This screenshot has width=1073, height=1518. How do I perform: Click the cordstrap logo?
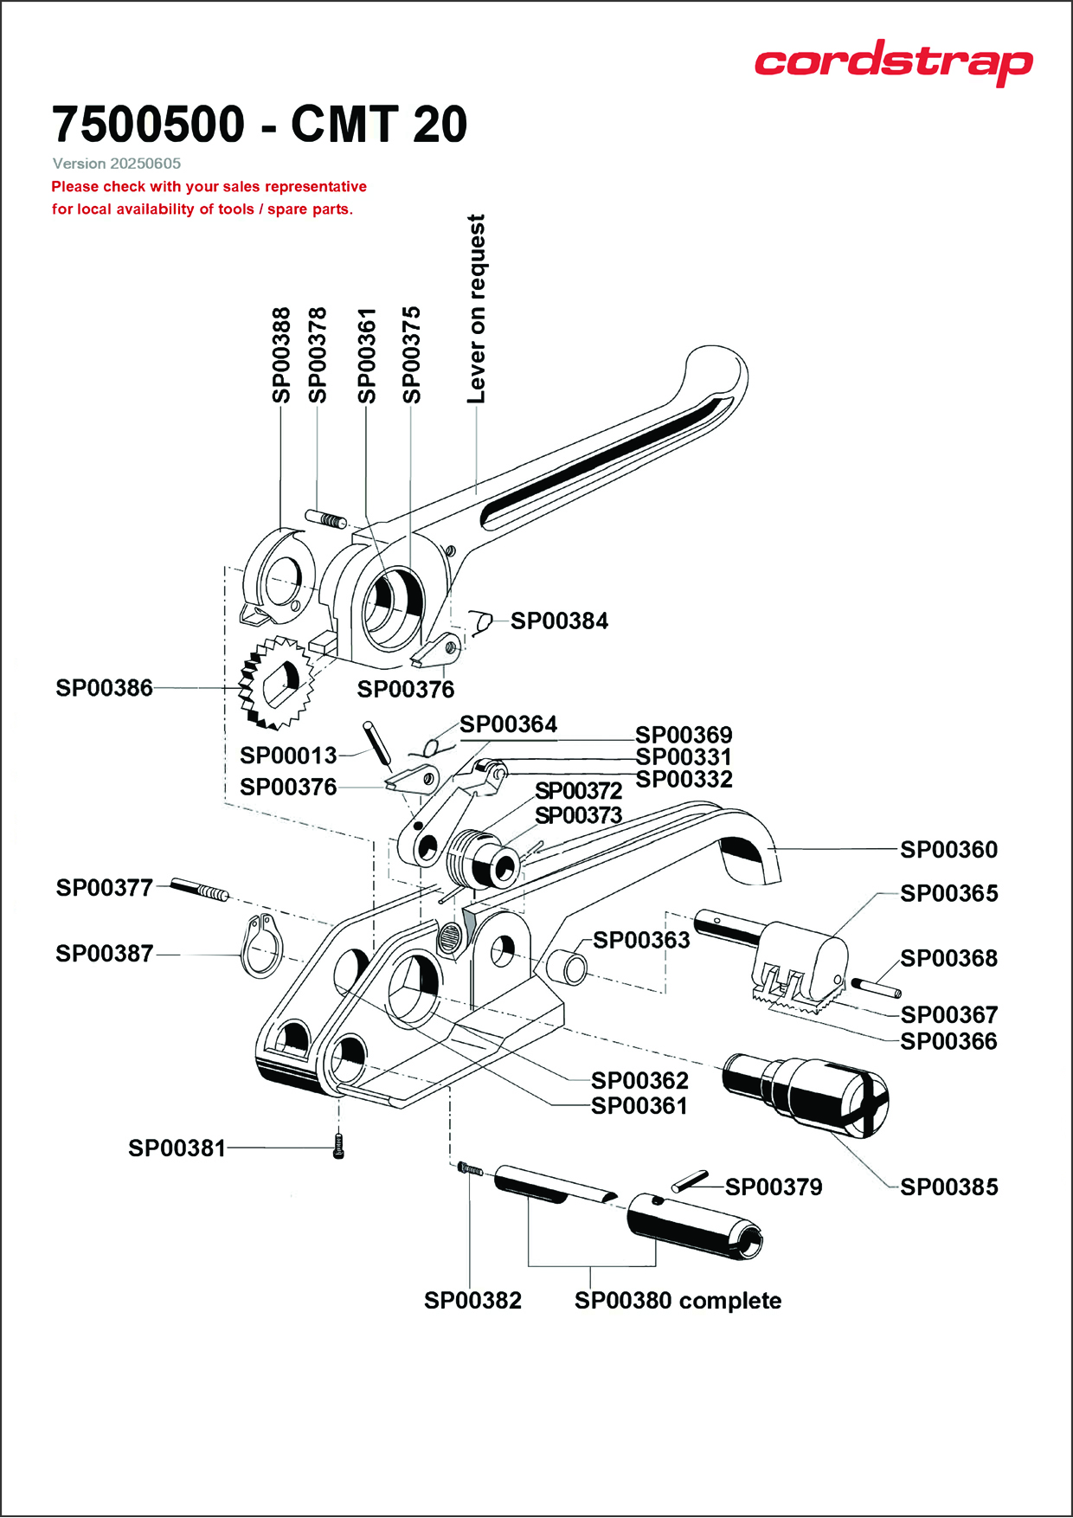coord(893,62)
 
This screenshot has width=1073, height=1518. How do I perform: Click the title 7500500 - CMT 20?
coord(260,124)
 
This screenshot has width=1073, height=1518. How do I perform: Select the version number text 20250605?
coord(145,164)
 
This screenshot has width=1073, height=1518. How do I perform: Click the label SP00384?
coord(559,621)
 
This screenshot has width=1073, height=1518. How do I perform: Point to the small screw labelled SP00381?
coord(338,1148)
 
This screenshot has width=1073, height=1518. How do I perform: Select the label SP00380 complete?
coord(678,1301)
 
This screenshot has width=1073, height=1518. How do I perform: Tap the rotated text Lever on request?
coord(476,309)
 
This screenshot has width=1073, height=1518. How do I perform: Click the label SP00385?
coord(948,1187)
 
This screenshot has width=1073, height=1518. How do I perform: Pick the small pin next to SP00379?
coord(690,1182)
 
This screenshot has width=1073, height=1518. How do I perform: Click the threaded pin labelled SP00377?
coord(199,889)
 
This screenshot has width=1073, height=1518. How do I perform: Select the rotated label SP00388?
coord(281,355)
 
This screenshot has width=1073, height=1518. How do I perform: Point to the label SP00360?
coord(948,850)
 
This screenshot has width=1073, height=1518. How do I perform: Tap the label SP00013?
coord(288,756)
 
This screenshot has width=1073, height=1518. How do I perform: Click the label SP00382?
coord(472,1301)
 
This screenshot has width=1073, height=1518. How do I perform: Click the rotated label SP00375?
coord(412,355)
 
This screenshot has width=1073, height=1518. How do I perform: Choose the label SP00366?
coord(948,1041)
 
